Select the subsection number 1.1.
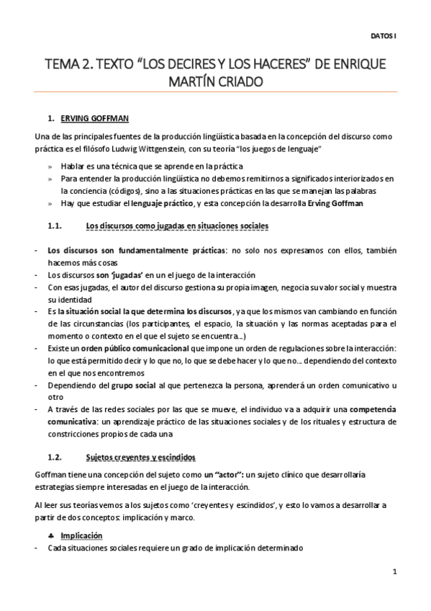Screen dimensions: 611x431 coord(56,226)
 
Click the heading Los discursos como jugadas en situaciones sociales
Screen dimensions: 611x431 coord(177,226)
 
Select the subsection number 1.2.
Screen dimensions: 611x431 coord(56,457)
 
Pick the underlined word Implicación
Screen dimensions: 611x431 coord(81,536)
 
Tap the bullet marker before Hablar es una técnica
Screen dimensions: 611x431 coord(50,166)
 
